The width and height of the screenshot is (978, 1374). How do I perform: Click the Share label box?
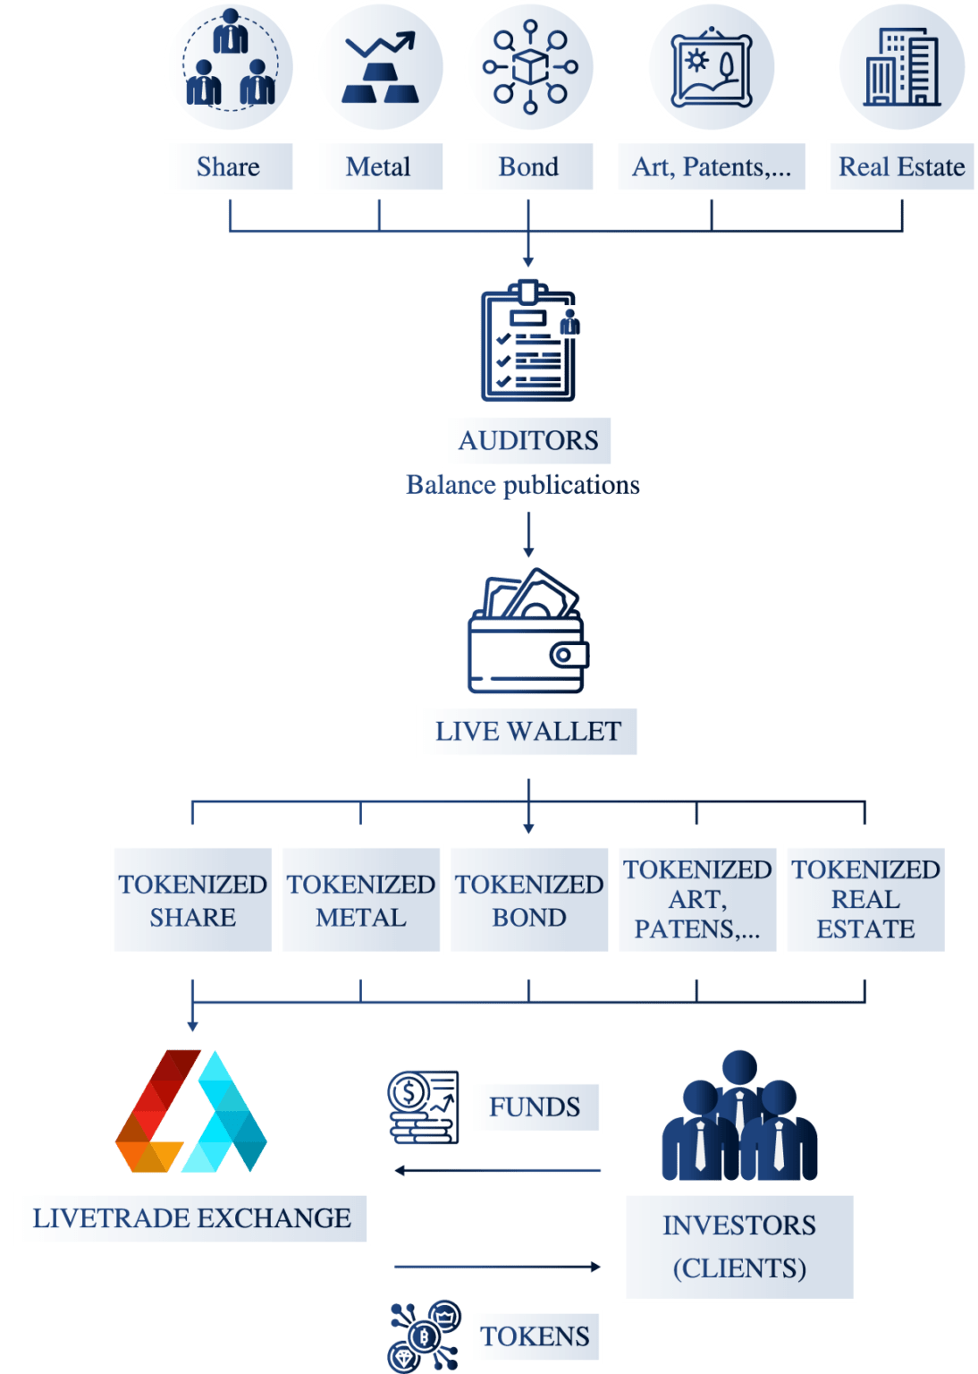click(229, 166)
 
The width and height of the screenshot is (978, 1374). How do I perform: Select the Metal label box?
click(379, 166)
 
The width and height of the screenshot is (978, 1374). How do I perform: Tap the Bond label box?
click(529, 166)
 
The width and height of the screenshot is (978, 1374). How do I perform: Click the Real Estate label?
click(901, 166)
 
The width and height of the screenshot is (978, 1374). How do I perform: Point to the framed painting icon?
click(712, 67)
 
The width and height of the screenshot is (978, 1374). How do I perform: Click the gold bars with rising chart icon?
click(380, 67)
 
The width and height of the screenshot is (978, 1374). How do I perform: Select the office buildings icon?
click(901, 67)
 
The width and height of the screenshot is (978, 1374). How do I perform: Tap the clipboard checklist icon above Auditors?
click(529, 342)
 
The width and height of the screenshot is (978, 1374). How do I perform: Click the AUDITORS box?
click(528, 440)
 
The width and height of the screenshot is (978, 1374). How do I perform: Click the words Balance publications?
click(523, 485)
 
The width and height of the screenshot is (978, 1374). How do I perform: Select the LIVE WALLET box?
click(527, 732)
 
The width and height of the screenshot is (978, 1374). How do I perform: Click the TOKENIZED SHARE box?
click(192, 900)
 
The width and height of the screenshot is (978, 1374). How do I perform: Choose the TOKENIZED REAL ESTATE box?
click(865, 900)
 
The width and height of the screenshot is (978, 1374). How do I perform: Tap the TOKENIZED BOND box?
click(529, 900)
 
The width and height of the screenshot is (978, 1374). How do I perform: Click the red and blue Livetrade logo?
click(191, 1111)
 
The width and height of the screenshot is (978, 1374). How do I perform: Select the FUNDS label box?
click(535, 1107)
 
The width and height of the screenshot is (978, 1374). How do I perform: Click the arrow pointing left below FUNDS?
click(497, 1170)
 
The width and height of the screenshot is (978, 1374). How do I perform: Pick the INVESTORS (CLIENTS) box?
click(739, 1246)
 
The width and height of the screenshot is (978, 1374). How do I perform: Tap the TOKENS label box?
click(535, 1336)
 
